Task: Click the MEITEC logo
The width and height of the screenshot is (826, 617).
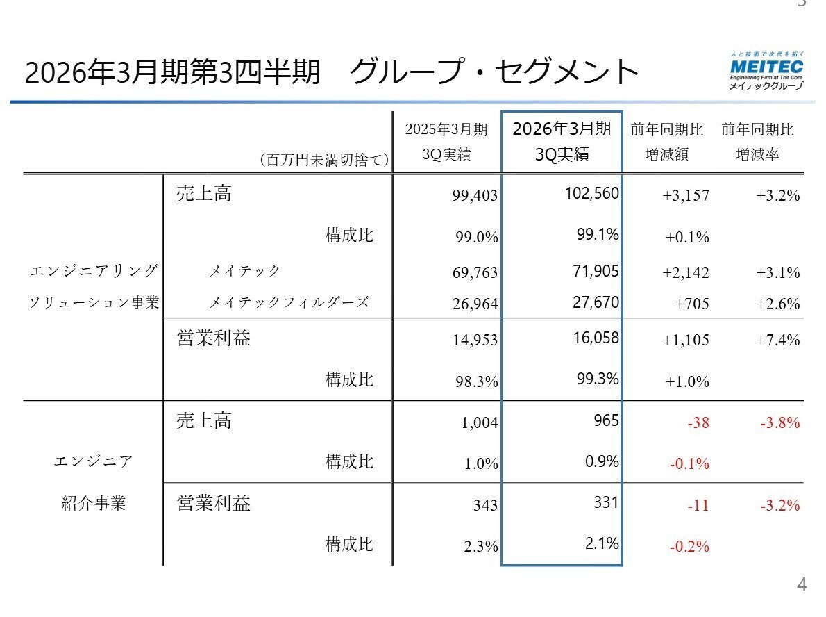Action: tap(766, 70)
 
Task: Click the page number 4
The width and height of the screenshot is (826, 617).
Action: tap(802, 585)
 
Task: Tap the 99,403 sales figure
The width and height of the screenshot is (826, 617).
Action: tap(475, 196)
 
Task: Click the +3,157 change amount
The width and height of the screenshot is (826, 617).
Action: tap(686, 196)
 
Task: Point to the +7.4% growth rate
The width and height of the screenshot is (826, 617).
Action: tap(778, 340)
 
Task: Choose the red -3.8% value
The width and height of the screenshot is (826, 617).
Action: tap(779, 422)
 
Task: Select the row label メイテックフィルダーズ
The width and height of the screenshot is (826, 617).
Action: tap(289, 302)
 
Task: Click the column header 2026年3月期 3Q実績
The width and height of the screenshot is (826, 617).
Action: tap(562, 141)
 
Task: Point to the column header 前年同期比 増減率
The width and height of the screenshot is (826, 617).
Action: tap(757, 141)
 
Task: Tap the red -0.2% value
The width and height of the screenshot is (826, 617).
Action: tap(689, 546)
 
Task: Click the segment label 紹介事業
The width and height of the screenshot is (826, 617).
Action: tap(94, 503)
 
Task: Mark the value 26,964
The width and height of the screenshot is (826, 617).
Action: tap(475, 304)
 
